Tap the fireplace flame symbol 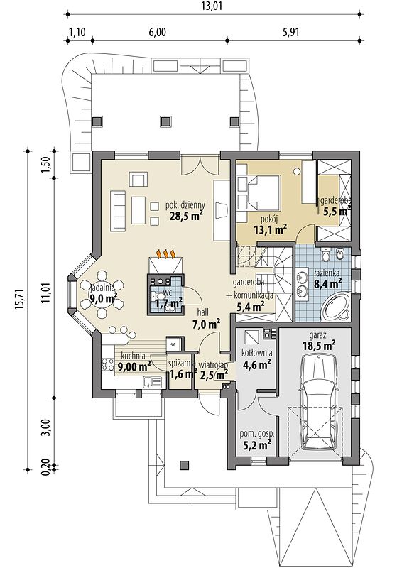coord(166,253)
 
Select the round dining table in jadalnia coord(103,295)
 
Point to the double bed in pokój coord(259,191)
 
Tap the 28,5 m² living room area coord(186,217)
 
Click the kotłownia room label coord(257,353)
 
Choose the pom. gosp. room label coord(257,434)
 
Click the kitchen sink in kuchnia coord(152,382)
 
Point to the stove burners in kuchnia coord(107,364)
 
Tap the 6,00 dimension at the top coord(157,33)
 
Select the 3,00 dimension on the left coord(47,429)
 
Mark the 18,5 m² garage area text coord(319,345)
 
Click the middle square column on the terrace coord(166,121)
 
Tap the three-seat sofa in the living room coord(118,212)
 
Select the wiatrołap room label coord(213,365)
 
